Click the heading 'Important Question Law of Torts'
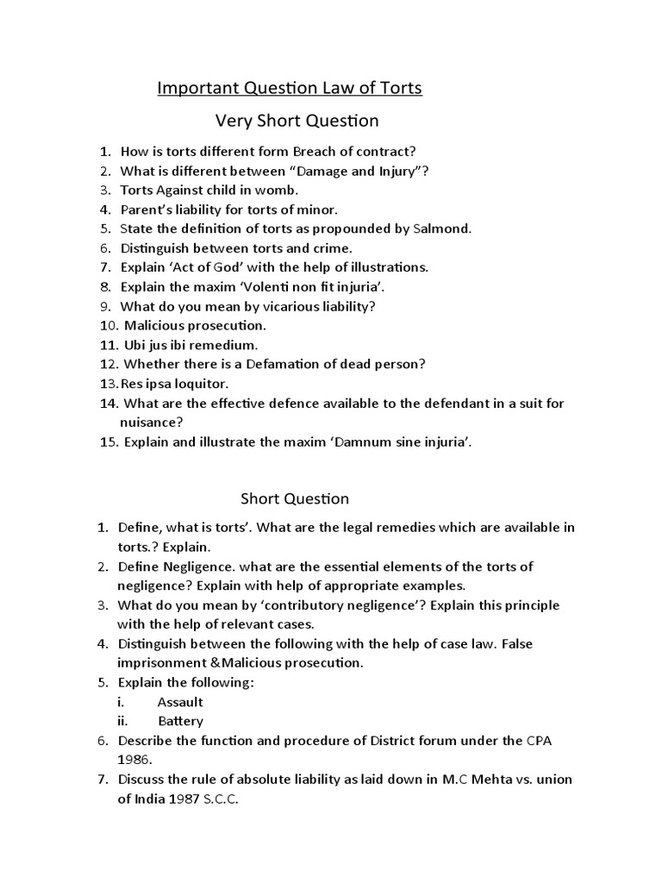(x=289, y=88)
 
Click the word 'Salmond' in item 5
(x=441, y=229)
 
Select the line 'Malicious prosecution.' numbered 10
(x=196, y=326)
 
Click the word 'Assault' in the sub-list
(x=180, y=702)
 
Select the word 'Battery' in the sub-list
(x=180, y=721)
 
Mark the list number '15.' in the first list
(x=109, y=442)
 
